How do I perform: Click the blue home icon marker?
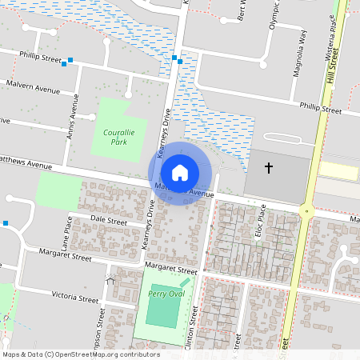point(180,172)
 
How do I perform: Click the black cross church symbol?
point(269,168)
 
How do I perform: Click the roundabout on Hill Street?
point(306,211)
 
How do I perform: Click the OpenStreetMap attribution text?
point(80,354)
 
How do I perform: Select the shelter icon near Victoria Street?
point(110,279)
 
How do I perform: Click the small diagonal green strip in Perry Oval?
point(185,282)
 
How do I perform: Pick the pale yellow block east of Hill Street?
point(340,170)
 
